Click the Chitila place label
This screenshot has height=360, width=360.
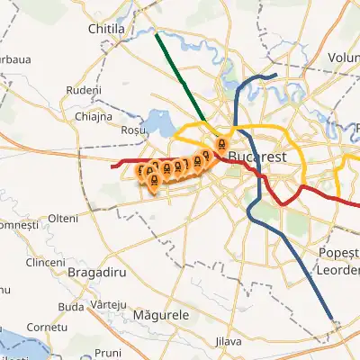pos(111,30)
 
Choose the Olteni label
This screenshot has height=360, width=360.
pos(64,219)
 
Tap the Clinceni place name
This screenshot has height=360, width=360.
pos(46,262)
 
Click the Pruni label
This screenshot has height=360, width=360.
pos(108,352)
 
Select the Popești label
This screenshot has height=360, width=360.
pos(339,253)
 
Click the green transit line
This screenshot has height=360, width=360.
pos(180,76)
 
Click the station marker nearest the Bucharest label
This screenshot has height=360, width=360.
pos(220,146)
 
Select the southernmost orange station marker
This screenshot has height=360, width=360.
pos(153,182)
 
